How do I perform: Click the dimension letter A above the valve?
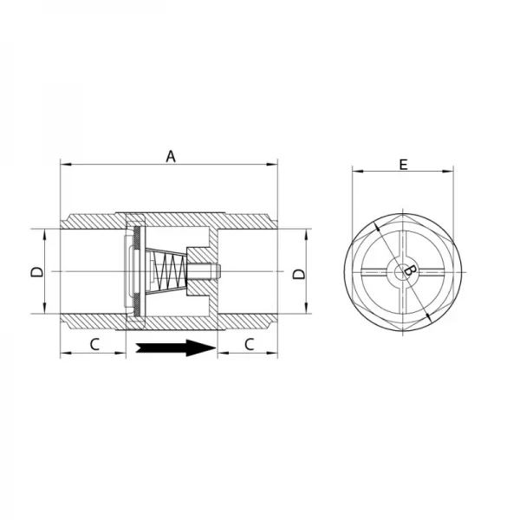click(x=171, y=156)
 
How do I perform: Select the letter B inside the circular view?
click(x=412, y=274)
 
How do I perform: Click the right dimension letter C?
click(x=248, y=343)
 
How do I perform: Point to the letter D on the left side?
click(x=36, y=272)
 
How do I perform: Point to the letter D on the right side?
click(x=299, y=273)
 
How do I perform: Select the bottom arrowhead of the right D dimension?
click(x=306, y=311)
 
